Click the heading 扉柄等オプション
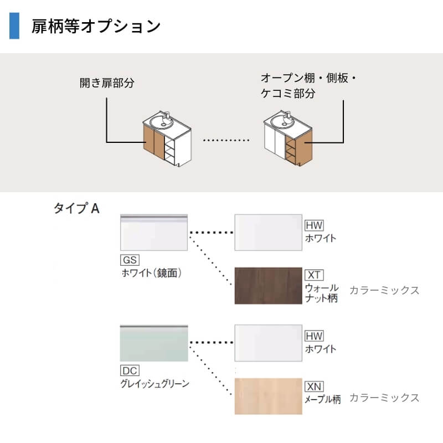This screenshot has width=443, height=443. [96, 26]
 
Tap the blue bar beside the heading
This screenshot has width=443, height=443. [14, 26]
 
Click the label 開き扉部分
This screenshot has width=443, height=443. [107, 84]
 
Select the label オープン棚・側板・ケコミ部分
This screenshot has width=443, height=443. [308, 86]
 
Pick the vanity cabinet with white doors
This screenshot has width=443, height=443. [288, 140]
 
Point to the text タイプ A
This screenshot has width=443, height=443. [76, 208]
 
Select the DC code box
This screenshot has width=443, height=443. [129, 370]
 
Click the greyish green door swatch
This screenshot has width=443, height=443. [154, 343]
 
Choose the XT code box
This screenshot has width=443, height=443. [314, 275]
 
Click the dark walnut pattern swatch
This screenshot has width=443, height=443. [269, 286]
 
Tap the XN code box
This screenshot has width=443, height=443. [314, 386]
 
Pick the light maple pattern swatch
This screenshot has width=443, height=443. [269, 396]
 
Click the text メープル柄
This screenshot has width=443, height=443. [323, 399]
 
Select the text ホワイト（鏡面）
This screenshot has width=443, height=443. [152, 272]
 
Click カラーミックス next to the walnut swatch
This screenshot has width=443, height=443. [384, 290]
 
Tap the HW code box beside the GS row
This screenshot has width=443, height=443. [314, 225]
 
